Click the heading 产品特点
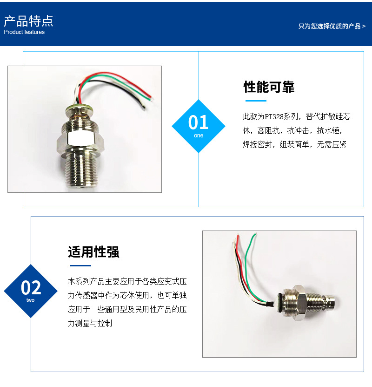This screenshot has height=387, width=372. point(28,21)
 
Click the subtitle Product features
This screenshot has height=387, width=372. point(24,32)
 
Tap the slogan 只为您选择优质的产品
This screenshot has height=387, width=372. point(329,26)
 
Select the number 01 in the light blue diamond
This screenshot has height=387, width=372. point(198,122)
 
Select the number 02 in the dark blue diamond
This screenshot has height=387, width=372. point(31,287)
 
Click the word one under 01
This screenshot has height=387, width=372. point(199,136)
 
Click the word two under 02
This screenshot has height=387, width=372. point(31,300)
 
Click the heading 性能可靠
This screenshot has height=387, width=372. point(269,87)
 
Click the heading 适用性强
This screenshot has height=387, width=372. point(93,252)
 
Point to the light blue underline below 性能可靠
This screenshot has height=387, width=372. point(256,101)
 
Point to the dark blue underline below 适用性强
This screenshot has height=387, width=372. point(80,265)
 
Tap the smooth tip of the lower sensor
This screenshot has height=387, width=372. point(332,302)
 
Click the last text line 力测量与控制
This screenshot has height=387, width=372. point(90,323)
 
